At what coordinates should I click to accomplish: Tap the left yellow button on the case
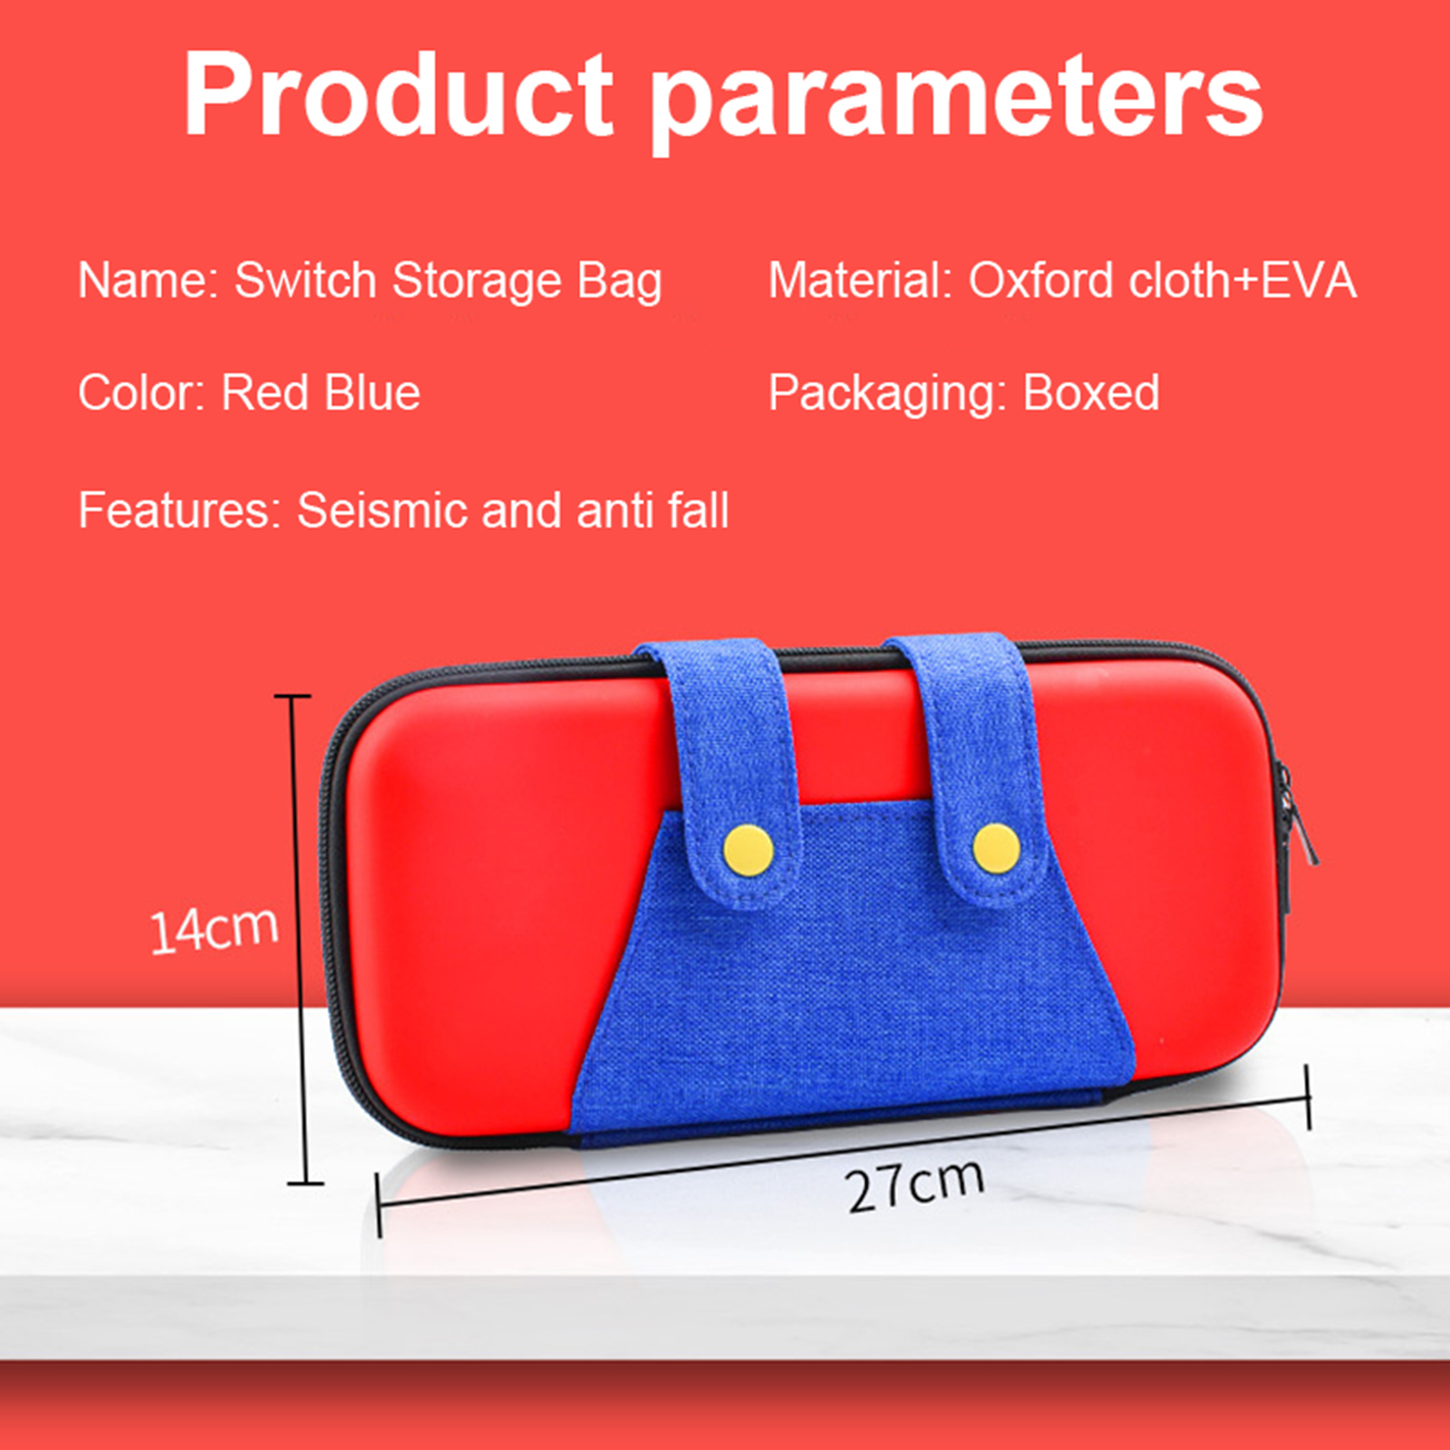pos(749,851)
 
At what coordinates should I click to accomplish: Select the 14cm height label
pos(214,929)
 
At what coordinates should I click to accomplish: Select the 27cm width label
pos(915,1185)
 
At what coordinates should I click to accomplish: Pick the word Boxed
pos(1091,392)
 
